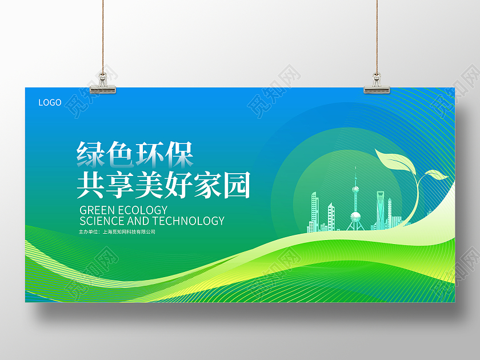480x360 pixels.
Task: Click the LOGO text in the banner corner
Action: pyautogui.click(x=50, y=103)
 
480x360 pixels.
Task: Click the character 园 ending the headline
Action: pyautogui.click(x=237, y=185)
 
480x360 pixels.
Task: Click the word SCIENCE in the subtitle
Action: pyautogui.click(x=102, y=221)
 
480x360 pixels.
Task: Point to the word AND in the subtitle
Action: pyautogui.click(x=138, y=221)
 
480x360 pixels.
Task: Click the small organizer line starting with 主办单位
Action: pyautogui.click(x=117, y=232)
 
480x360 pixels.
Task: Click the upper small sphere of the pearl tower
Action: pyautogui.click(x=355, y=189)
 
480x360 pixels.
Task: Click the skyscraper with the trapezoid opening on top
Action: pyautogui.click(x=381, y=210)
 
